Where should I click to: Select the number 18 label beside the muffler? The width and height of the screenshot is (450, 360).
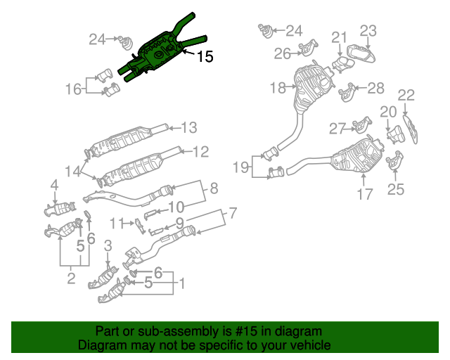tap(278, 88)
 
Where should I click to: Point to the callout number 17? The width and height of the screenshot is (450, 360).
tap(364, 194)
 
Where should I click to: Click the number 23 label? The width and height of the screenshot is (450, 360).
tap(368, 30)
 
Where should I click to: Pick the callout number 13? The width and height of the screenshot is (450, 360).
tap(191, 127)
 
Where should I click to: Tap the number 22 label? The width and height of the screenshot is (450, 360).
tap(406, 95)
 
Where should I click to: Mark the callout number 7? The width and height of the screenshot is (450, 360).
tap(232, 212)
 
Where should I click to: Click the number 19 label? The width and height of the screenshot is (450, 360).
tap(242, 168)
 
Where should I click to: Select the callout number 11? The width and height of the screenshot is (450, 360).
tap(117, 223)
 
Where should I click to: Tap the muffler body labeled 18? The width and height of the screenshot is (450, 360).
tap(309, 88)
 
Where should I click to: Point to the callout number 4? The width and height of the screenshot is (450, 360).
tap(53, 185)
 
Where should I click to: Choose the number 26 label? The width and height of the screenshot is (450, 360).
tap(282, 53)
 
